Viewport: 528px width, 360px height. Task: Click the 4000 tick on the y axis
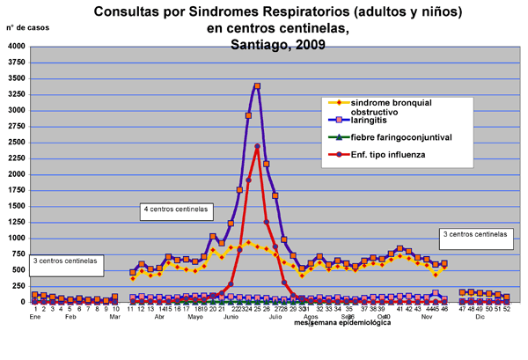pyautogui.click(x=15, y=46)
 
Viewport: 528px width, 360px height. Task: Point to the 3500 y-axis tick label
pyautogui.click(x=15, y=78)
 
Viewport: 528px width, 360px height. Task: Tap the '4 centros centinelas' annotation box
pyautogui.click(x=176, y=209)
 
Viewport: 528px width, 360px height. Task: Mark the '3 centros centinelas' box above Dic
pyautogui.click(x=476, y=235)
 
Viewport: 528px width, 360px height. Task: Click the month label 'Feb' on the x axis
pyautogui.click(x=70, y=316)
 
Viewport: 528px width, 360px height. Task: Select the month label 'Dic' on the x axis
pyautogui.click(x=480, y=316)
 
